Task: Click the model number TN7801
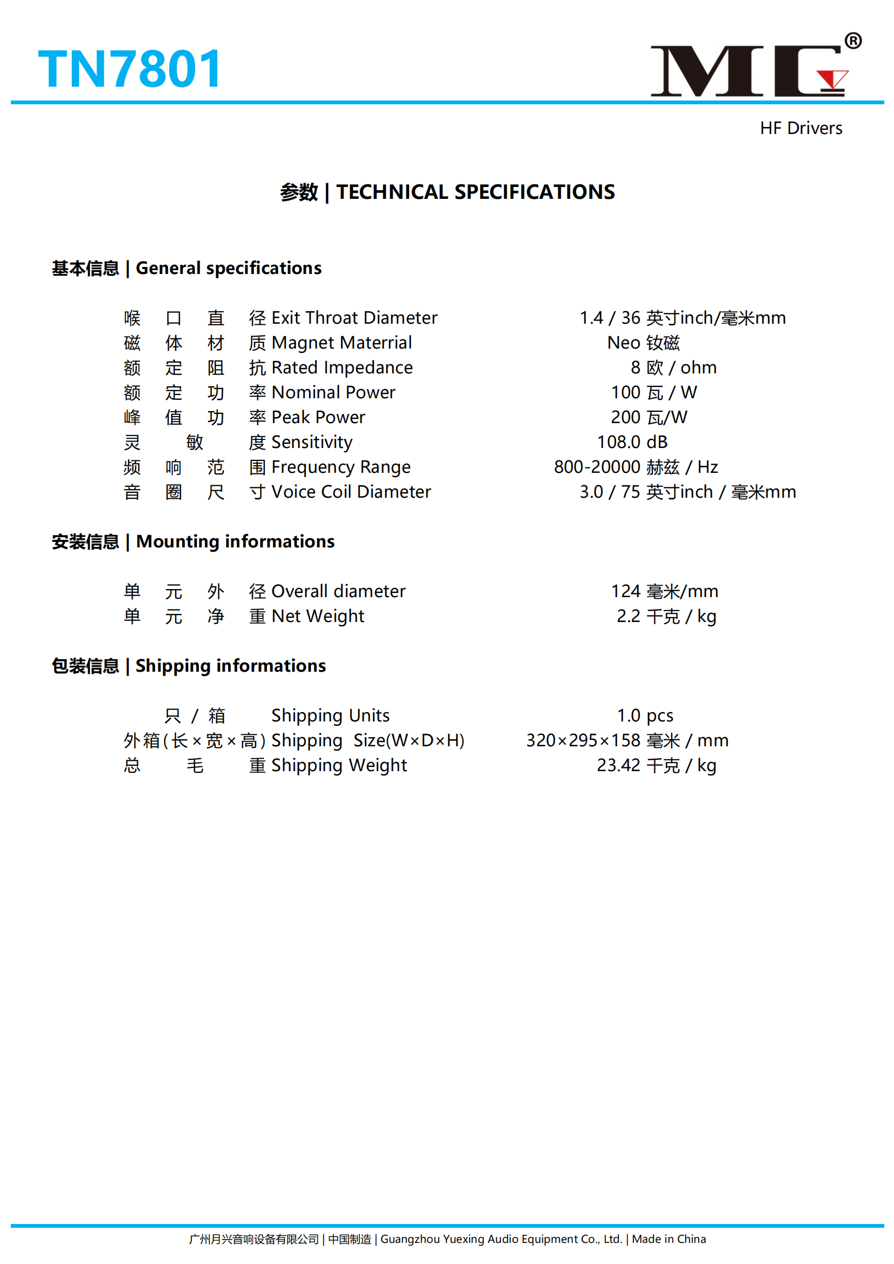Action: pyautogui.click(x=130, y=69)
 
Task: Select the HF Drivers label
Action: pyautogui.click(x=800, y=128)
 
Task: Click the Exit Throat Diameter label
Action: pyautogui.click(x=354, y=318)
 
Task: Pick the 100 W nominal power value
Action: pyautogui.click(x=653, y=392)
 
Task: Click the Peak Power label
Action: pyautogui.click(x=318, y=417)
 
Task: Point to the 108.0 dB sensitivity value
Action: pyautogui.click(x=632, y=442)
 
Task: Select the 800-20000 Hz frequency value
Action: pyautogui.click(x=635, y=467)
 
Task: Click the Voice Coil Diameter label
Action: pyautogui.click(x=351, y=492)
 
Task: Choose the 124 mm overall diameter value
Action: pyautogui.click(x=664, y=591)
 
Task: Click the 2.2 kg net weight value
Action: pyautogui.click(x=666, y=616)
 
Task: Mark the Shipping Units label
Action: pyautogui.click(x=330, y=715)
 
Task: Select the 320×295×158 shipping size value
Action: pyautogui.click(x=627, y=740)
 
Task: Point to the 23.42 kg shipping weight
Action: pyautogui.click(x=656, y=765)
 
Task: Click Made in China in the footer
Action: pyautogui.click(x=668, y=1239)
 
